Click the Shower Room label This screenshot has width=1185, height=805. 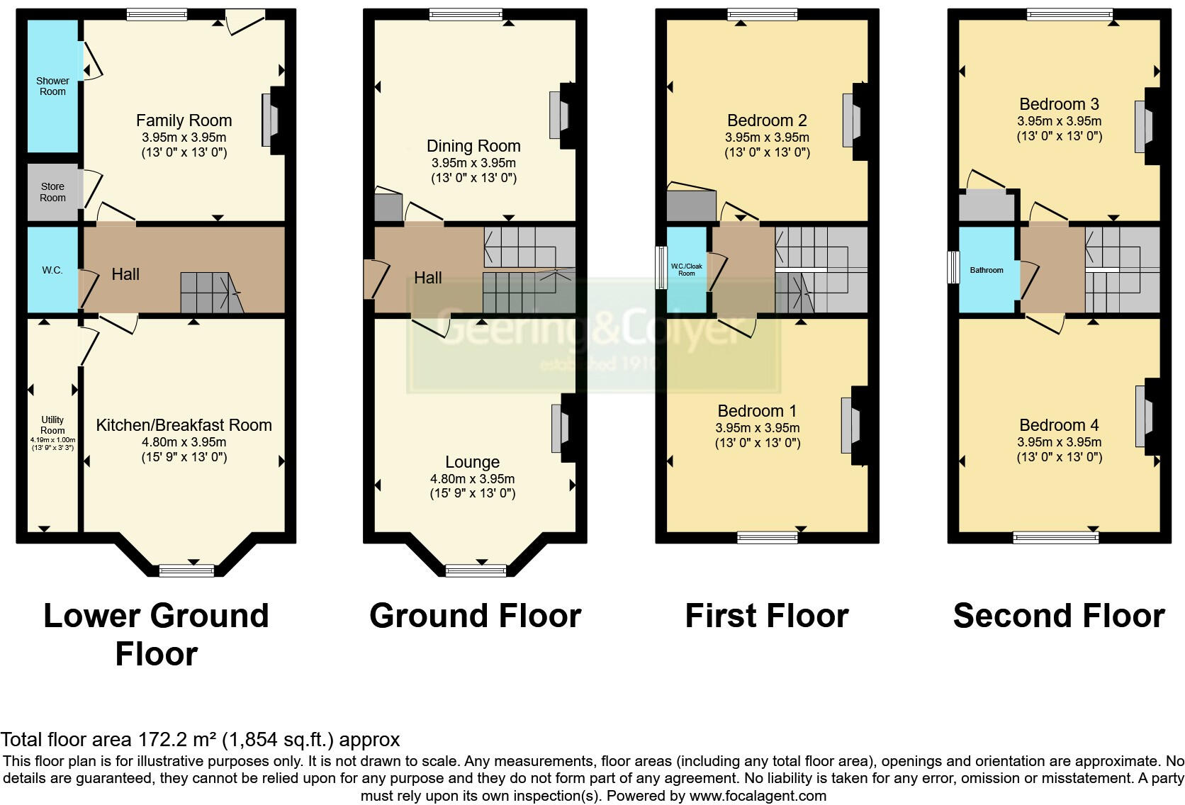coord(52,86)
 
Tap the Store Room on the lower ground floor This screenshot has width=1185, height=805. coord(52,192)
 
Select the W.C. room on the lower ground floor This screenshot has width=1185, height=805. coord(52,270)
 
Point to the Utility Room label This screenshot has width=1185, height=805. coord(52,425)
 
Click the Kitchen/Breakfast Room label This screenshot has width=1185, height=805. coord(184,425)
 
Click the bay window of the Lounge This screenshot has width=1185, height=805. coord(476,570)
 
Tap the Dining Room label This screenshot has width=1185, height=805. coord(473,146)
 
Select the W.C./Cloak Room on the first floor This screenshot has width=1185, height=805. coord(687,270)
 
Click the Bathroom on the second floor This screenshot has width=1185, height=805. coord(987,270)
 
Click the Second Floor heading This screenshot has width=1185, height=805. coord(1059,616)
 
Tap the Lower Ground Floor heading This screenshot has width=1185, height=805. coord(156,634)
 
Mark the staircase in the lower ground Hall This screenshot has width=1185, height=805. coord(210,293)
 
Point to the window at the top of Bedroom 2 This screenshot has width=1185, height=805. coord(763,14)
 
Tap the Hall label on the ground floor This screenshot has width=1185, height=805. coord(427,278)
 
